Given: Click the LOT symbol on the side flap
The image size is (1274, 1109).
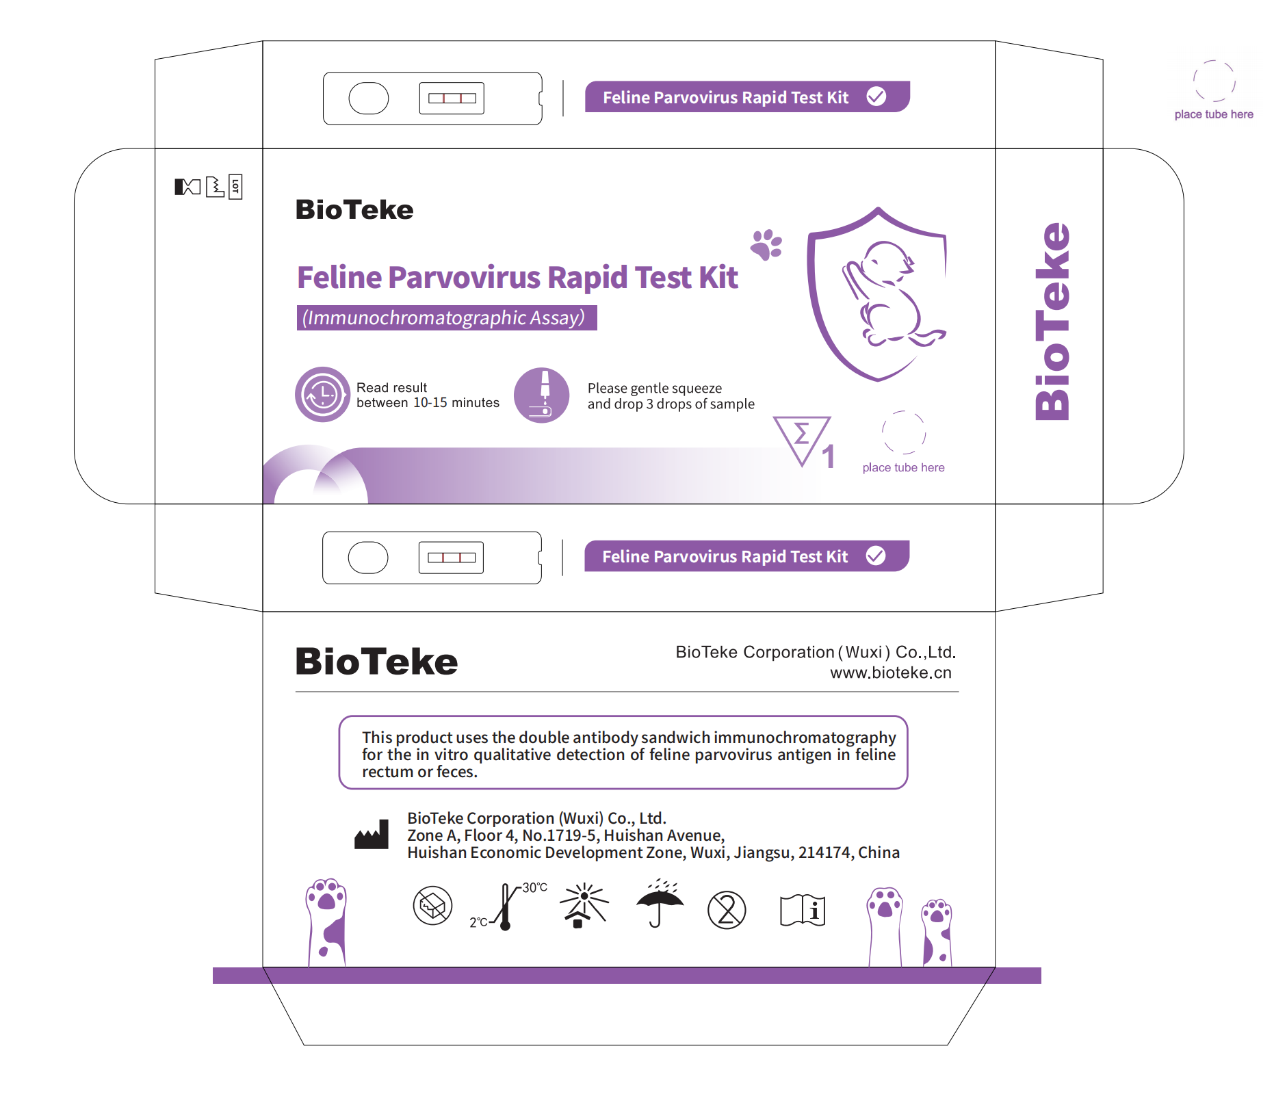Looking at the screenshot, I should (235, 186).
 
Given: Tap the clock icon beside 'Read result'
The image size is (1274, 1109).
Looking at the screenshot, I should (322, 395).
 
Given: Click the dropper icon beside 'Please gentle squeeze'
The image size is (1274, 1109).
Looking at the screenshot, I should (542, 395).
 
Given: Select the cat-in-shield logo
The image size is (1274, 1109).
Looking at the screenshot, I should (879, 294).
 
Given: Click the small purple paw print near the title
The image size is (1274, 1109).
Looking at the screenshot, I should (766, 245).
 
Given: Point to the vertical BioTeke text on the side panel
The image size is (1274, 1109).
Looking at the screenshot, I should (1052, 322).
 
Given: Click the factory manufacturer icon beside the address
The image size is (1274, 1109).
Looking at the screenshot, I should (372, 835).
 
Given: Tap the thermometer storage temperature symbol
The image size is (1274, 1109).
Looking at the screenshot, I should (506, 906).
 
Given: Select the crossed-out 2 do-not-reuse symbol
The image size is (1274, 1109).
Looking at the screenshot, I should (727, 910).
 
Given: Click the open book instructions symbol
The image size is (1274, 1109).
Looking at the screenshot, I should (803, 910).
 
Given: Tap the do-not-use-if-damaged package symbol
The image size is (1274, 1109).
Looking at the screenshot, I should (432, 906).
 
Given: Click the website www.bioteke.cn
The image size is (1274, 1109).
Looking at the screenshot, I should (890, 673).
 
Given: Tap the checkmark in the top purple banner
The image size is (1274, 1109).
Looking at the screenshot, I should (876, 96).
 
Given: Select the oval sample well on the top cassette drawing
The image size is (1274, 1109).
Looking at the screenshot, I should (368, 99).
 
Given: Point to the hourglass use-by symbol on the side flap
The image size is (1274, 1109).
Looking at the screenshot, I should (187, 187).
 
